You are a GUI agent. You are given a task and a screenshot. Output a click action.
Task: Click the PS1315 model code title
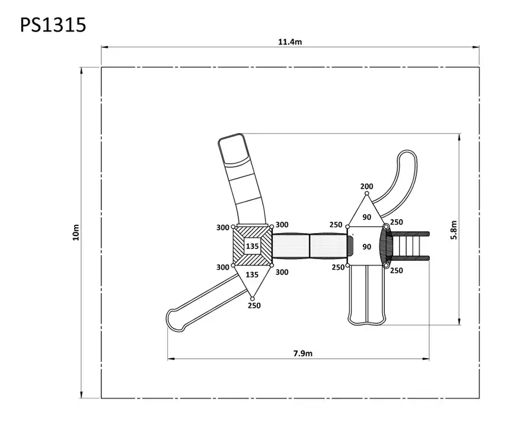(x=53, y=25)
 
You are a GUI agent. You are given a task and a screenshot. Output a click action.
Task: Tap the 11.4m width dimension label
(x=290, y=42)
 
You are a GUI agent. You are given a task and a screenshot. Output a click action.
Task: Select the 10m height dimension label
(x=76, y=232)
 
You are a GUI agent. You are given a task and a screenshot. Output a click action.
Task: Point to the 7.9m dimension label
(x=303, y=353)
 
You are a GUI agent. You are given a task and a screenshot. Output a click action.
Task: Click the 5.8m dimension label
(x=454, y=230)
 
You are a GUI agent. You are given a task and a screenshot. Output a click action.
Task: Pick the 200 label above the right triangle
(x=366, y=186)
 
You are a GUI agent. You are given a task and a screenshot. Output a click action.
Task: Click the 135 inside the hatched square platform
(x=252, y=246)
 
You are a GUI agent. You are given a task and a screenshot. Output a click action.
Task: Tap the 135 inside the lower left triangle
(x=252, y=275)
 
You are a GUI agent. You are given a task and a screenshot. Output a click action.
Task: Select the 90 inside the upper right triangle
(x=366, y=217)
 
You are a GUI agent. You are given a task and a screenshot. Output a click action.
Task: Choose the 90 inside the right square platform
(x=366, y=247)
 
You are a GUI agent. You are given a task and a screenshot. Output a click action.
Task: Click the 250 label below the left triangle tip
(x=254, y=305)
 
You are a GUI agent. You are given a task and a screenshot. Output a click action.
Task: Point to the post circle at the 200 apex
(x=366, y=193)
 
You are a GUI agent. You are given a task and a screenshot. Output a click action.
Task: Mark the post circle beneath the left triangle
(x=252, y=298)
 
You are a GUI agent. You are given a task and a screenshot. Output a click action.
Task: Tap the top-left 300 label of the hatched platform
(x=222, y=228)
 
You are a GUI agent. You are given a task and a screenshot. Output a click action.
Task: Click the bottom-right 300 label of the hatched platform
(x=282, y=272)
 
